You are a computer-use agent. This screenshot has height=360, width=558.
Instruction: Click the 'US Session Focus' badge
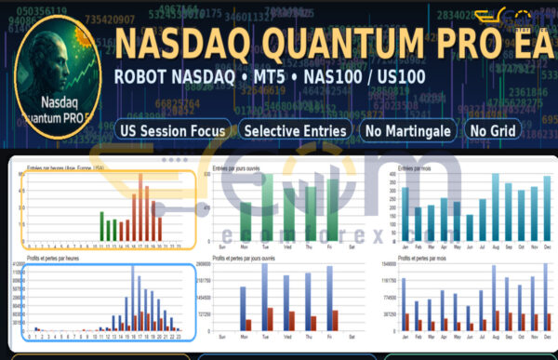click(x=173, y=131)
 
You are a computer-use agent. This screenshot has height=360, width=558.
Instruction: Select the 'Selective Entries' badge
click(x=296, y=131)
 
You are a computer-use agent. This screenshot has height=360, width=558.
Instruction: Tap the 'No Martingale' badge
click(x=407, y=131)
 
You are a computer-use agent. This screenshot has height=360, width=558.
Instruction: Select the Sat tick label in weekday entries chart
click(x=351, y=245)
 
